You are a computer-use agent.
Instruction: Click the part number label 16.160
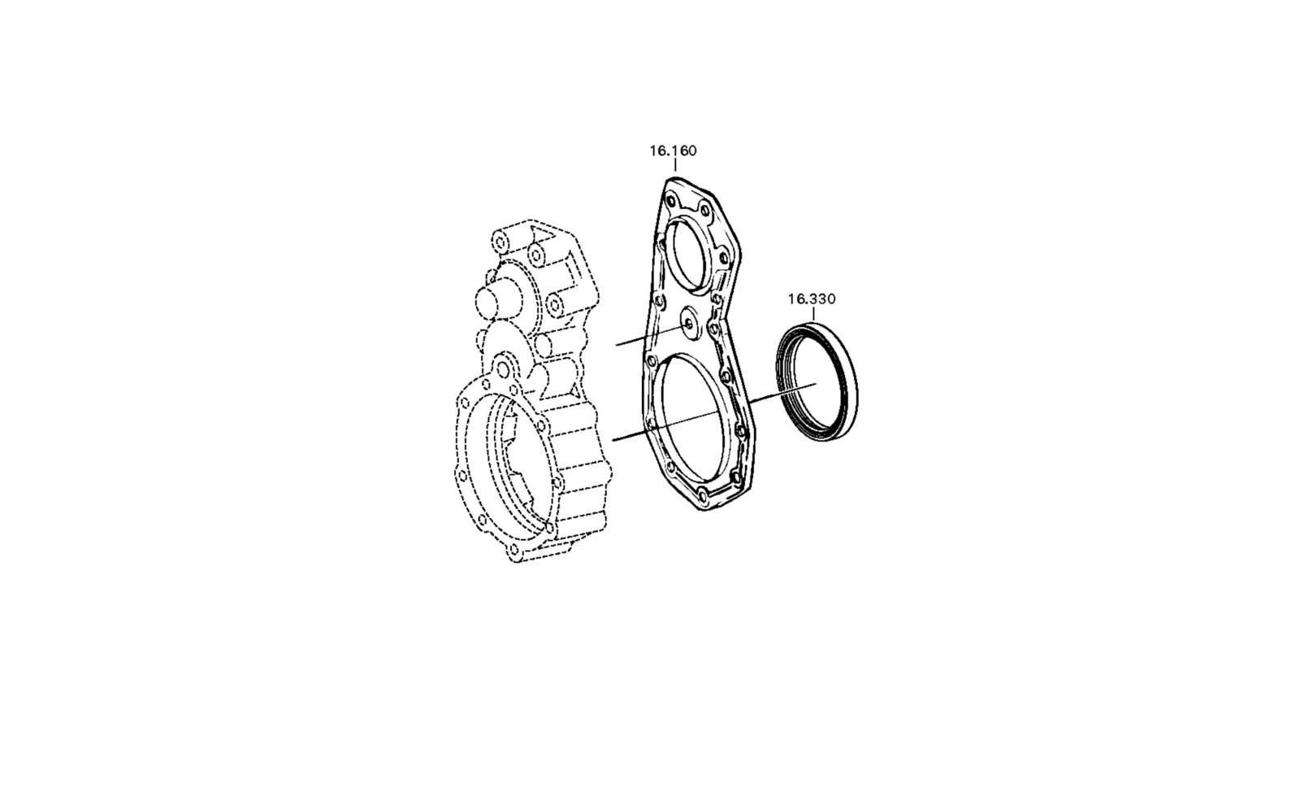click(673, 151)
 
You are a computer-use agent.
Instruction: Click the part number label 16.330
click(812, 299)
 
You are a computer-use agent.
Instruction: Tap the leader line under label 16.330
click(813, 314)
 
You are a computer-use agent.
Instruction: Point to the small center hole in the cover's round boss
click(688, 325)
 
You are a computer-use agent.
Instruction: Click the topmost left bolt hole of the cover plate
click(671, 202)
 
